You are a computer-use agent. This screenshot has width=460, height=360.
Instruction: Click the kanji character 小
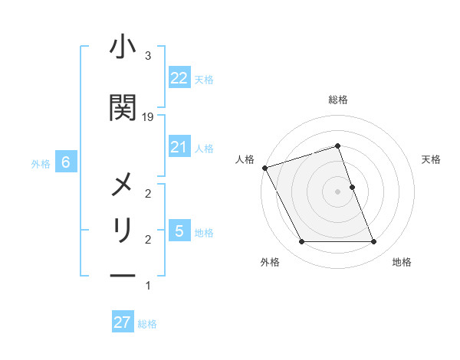[123, 47]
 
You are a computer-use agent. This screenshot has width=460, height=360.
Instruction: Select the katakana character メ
[123, 186]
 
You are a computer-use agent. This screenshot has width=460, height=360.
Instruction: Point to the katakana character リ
[123, 230]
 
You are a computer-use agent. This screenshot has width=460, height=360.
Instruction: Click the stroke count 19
[148, 116]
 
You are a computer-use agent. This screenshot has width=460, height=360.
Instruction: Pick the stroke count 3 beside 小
[148, 56]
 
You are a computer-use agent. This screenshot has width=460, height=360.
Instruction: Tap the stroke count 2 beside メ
[148, 193]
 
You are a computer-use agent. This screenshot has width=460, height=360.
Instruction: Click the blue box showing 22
[179, 78]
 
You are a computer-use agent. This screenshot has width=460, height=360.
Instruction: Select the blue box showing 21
[179, 147]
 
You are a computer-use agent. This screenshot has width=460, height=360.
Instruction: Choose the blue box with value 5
[179, 231]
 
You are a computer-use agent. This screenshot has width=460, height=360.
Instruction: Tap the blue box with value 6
[67, 162]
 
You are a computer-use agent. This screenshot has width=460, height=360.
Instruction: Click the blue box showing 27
[122, 322]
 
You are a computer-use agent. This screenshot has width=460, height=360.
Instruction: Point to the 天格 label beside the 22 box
[204, 80]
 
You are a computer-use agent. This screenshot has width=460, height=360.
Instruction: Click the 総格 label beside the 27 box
[147, 324]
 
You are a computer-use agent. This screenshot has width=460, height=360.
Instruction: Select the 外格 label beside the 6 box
[41, 163]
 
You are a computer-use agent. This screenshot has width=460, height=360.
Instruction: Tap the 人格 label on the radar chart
[245, 159]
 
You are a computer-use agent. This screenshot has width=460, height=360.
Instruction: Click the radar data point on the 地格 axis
[374, 242]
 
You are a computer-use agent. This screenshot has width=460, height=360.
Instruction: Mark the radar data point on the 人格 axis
[264, 168]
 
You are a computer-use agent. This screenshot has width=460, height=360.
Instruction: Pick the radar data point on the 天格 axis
[352, 187]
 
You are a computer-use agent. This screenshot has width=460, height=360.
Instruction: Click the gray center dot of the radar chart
[337, 191]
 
